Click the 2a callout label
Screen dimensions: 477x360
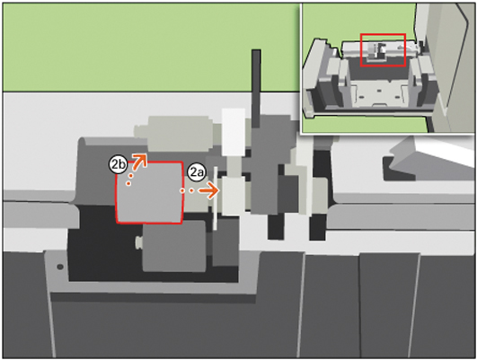196,172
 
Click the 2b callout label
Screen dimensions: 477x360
118,165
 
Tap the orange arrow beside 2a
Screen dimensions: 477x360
208,190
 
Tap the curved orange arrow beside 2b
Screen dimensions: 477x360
140,161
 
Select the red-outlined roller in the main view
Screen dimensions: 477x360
149,193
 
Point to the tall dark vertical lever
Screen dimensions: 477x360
256,88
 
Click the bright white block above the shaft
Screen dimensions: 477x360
234,131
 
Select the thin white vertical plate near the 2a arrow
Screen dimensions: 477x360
215,198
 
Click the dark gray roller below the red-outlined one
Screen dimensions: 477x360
174,246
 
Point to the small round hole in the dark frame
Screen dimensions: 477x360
60,267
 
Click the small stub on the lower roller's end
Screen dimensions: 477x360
138,243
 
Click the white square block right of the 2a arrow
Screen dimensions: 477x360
234,197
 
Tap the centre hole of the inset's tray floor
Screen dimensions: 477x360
379,91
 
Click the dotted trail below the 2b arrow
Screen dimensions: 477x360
129,180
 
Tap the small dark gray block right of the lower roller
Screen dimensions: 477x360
225,241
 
